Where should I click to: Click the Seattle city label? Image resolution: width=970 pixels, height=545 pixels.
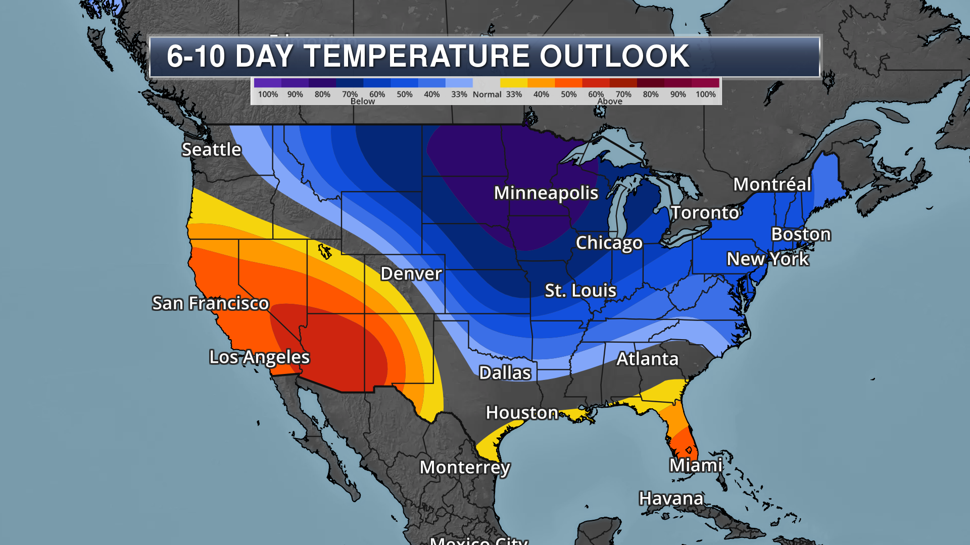tap(211, 149)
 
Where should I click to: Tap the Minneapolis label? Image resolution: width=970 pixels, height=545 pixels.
tap(546, 193)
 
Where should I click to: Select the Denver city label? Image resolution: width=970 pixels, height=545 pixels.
tap(411, 274)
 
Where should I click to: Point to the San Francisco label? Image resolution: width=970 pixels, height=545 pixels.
tap(210, 303)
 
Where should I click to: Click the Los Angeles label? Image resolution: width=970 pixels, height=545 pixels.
tap(259, 357)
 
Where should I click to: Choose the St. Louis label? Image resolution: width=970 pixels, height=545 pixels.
tap(580, 291)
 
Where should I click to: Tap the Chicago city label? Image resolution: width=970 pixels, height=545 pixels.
tap(609, 243)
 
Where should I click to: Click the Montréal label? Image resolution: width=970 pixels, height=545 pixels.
tap(772, 184)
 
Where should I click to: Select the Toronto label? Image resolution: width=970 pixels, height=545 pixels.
tap(705, 213)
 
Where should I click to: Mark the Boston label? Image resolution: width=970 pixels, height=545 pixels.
tap(801, 234)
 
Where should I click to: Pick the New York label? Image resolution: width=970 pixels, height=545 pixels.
tap(767, 259)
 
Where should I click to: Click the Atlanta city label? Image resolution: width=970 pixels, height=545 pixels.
tap(647, 359)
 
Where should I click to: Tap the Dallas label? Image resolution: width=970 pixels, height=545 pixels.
tap(505, 373)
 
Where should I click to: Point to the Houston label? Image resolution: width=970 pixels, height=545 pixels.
tap(522, 413)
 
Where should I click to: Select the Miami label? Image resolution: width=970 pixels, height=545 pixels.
tap(696, 465)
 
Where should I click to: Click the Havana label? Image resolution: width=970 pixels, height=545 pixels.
tap(671, 499)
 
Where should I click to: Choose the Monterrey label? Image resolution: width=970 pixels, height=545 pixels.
tap(465, 467)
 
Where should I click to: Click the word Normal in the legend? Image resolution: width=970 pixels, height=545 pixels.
tap(487, 94)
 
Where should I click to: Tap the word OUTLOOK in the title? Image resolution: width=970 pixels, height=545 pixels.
tap(614, 56)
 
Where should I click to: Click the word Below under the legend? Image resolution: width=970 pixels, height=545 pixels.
tap(363, 101)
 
